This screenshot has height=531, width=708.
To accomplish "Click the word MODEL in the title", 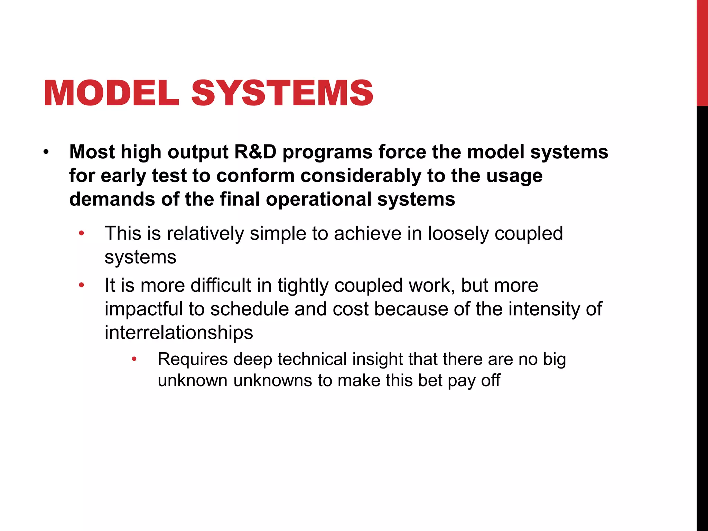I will click(x=111, y=93).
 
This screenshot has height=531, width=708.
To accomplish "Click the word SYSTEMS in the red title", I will click(x=282, y=93).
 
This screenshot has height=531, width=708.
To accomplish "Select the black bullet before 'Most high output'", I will click(x=46, y=152).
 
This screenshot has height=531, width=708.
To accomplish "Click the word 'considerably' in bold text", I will click(x=361, y=176).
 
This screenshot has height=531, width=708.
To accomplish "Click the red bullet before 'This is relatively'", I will click(x=81, y=233).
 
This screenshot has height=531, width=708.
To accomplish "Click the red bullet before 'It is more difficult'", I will click(x=81, y=286).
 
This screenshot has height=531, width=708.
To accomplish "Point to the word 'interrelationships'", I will click(x=179, y=333).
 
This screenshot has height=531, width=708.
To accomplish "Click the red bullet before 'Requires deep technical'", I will click(x=134, y=359).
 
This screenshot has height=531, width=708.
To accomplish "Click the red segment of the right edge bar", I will click(x=702, y=52).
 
